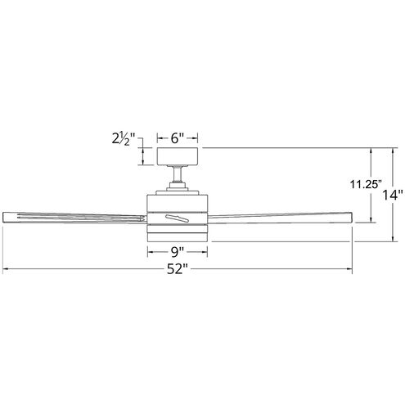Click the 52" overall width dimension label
178,269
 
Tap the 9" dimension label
178,252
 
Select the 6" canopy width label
178,138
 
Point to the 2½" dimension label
124,138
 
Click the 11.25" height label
366,185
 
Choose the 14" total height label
393,195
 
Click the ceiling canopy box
178,156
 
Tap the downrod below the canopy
178,174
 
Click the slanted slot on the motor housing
178,218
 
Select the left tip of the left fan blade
2,217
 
